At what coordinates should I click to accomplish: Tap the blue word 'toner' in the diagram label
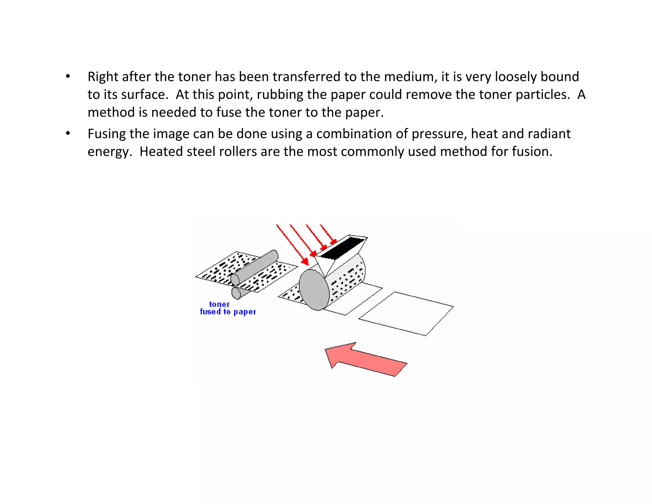(x=219, y=304)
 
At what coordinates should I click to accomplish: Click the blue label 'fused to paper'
(x=228, y=312)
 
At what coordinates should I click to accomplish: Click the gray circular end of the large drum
(x=314, y=290)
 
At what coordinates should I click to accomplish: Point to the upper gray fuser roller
(x=255, y=267)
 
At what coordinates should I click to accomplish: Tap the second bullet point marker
(x=68, y=134)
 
